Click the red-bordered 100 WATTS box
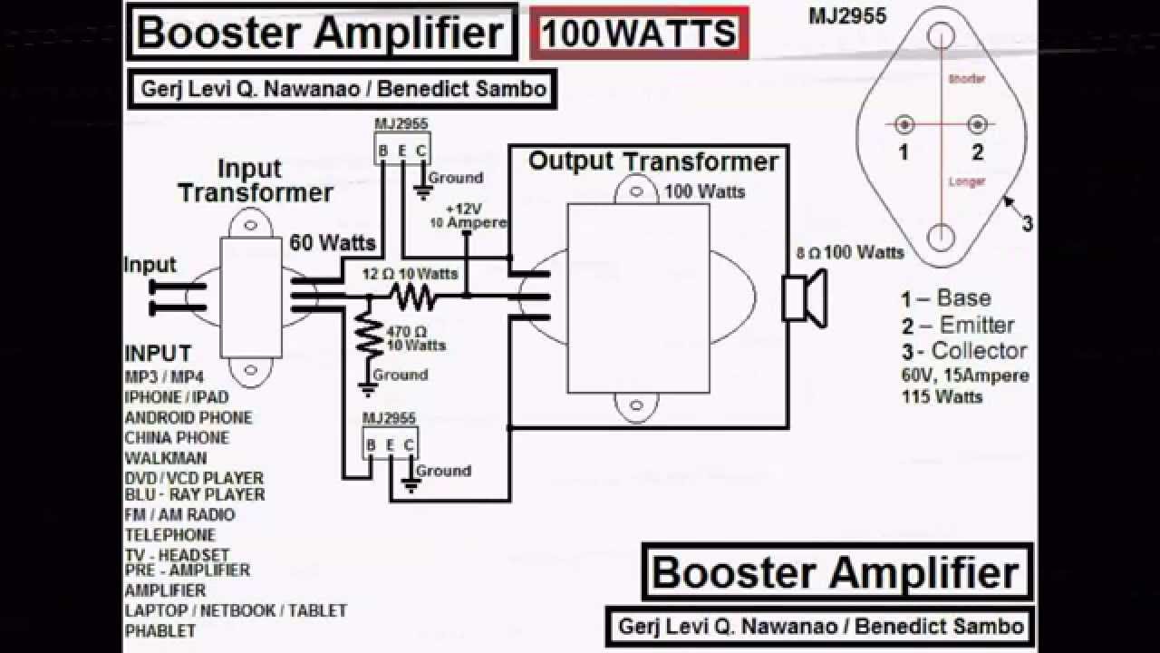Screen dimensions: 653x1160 (639, 34)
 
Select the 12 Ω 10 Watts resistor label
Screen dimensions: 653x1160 (410, 274)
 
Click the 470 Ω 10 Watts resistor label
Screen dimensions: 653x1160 (416, 338)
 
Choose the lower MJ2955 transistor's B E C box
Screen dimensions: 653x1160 (390, 444)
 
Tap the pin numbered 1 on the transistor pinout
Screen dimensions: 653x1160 (904, 125)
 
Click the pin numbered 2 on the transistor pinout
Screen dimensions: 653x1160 (977, 125)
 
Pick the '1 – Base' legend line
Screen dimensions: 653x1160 (945, 298)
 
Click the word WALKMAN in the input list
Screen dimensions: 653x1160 (166, 458)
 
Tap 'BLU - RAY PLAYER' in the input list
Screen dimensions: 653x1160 (195, 495)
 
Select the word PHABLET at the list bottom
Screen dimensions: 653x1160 (159, 629)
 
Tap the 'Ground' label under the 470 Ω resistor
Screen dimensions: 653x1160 (400, 375)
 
